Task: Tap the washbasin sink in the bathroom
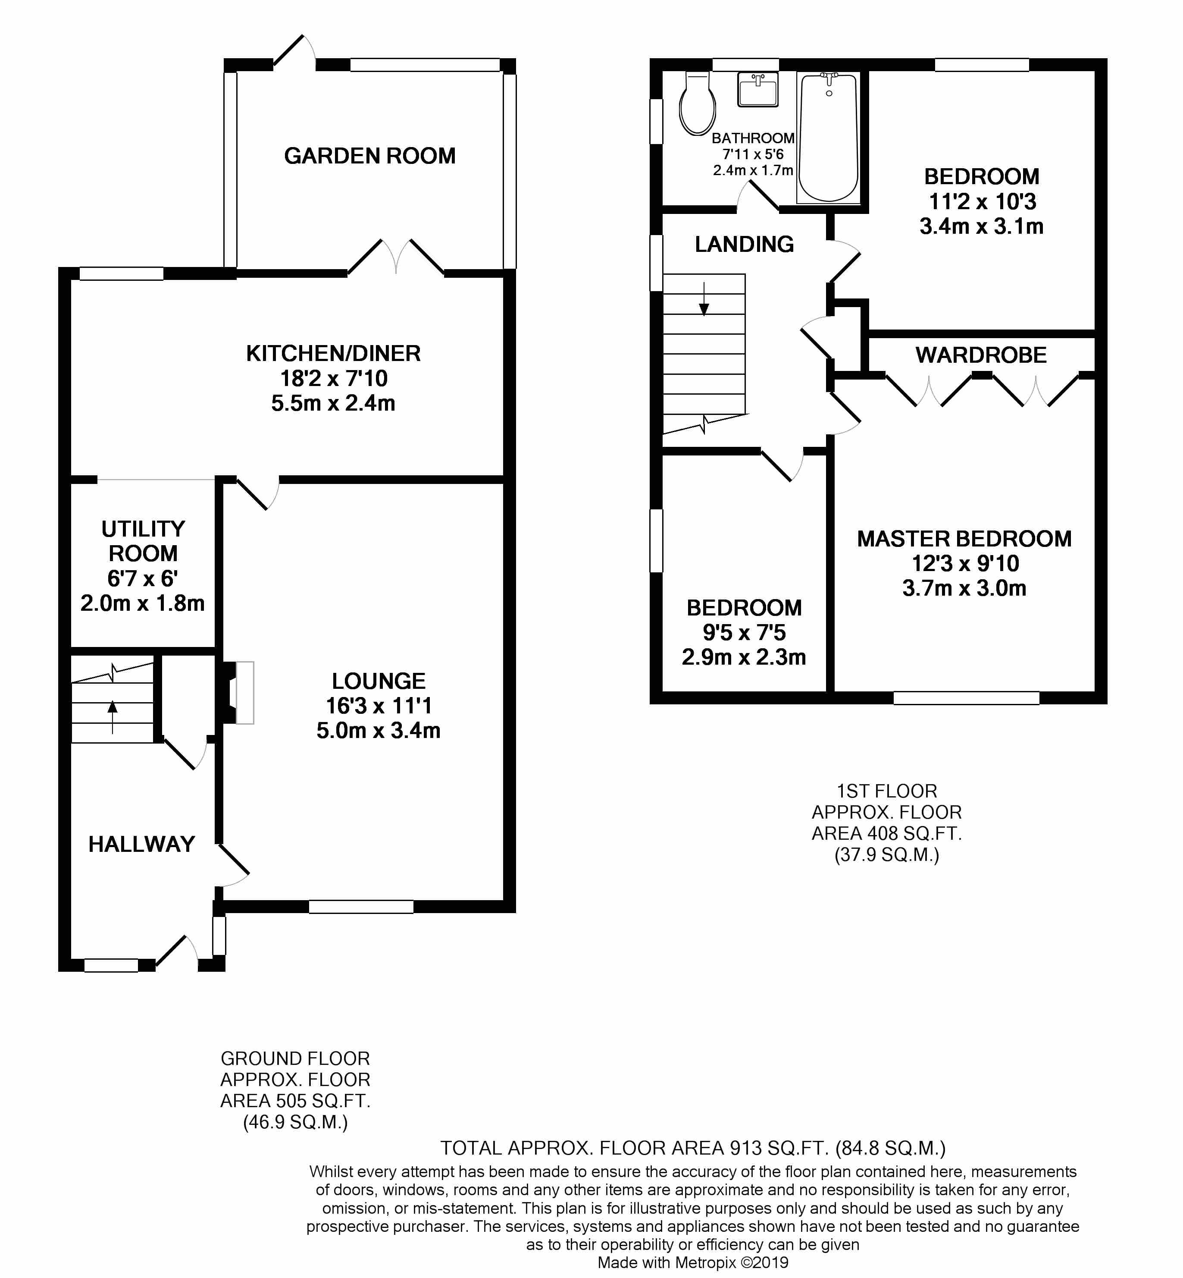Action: pos(758,89)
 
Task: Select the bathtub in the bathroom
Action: pos(828,138)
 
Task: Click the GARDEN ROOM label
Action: pos(369,156)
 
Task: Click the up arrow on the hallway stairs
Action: pos(113,716)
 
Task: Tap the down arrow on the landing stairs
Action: pos(704,300)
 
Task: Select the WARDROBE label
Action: pos(981,355)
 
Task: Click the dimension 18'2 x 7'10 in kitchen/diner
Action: pos(334,378)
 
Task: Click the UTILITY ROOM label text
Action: pos(143,541)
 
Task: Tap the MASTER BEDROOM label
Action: pos(964,538)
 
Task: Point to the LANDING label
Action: pos(744,244)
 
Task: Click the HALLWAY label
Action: pos(141,844)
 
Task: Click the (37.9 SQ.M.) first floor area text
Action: pos(887,855)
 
